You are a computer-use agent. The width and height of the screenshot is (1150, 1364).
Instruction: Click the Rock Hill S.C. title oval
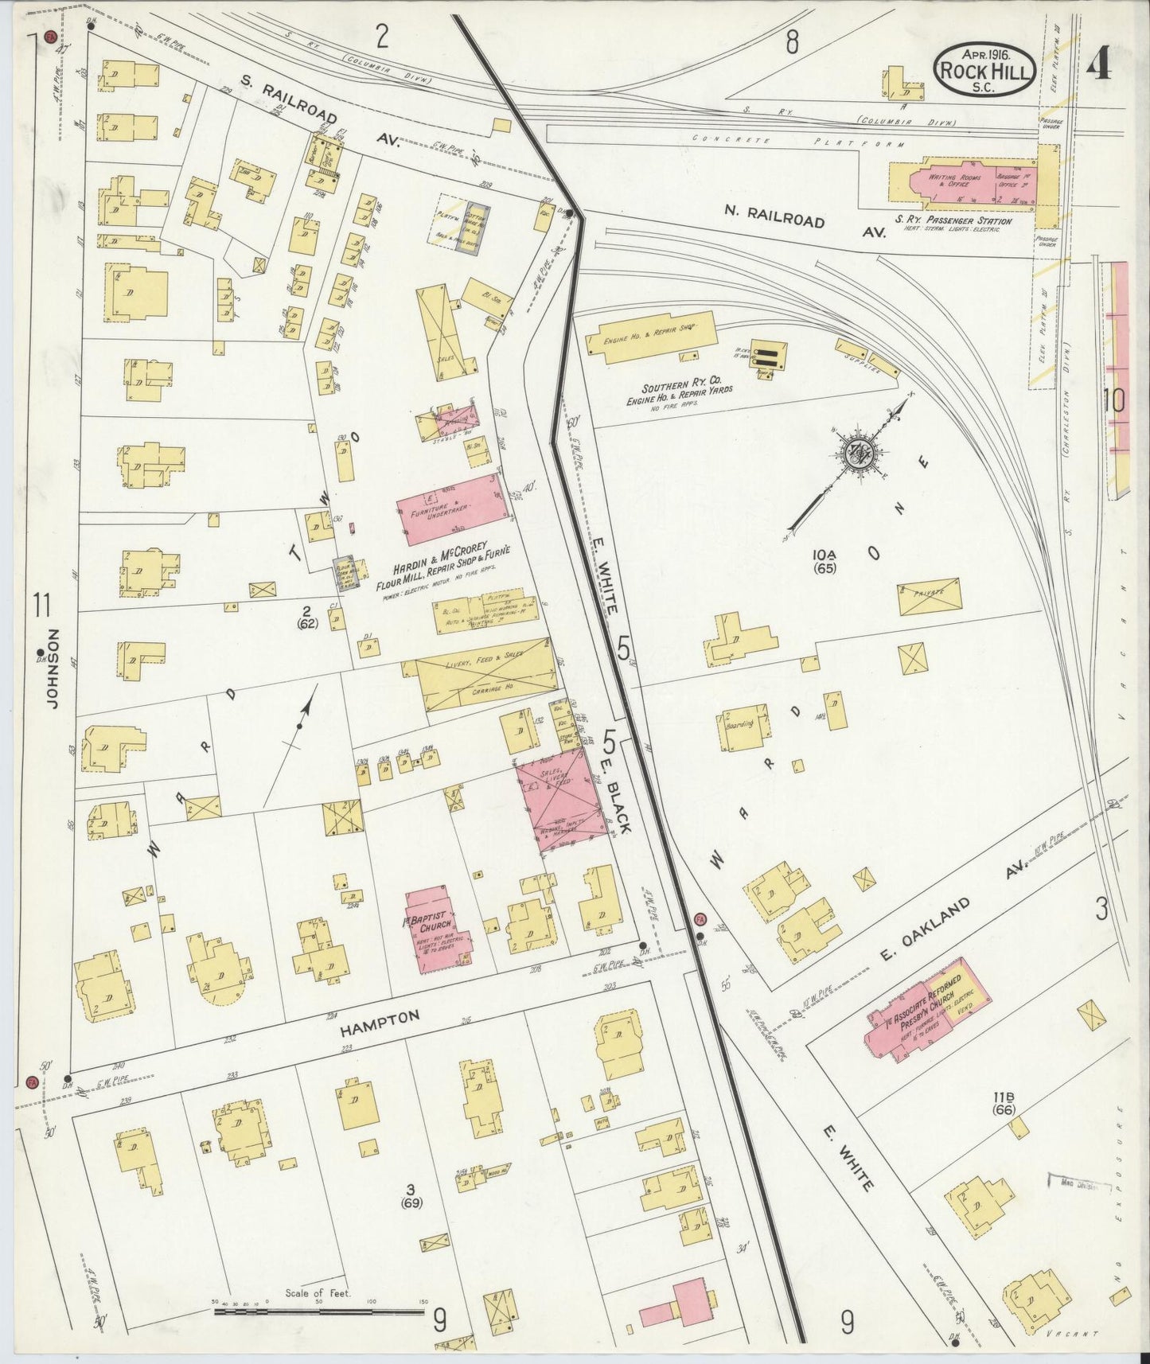click(x=985, y=69)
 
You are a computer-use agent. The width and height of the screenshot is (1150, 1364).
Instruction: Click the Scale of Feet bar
click(x=319, y=1309)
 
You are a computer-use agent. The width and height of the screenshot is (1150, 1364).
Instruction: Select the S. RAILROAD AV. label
click(x=318, y=111)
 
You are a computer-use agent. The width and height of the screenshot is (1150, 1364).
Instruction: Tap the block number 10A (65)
click(x=824, y=561)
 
